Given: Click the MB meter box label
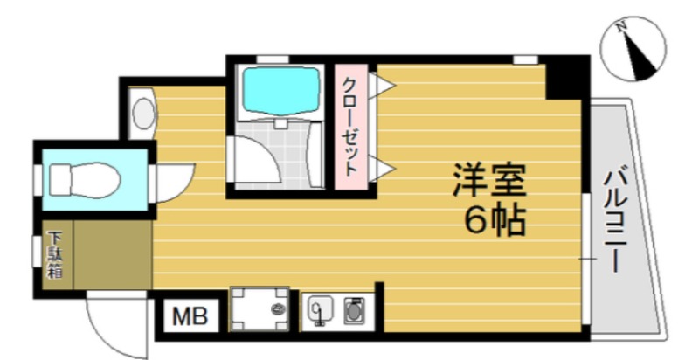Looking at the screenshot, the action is click(x=190, y=316).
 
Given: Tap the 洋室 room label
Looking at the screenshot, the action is click(x=489, y=181).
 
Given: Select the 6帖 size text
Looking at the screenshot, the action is click(x=494, y=221).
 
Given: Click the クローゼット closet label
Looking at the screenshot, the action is click(x=351, y=126).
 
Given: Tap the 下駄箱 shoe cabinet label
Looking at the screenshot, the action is click(x=55, y=255).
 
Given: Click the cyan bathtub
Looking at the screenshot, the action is click(x=280, y=85).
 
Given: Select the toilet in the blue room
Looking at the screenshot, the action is click(x=85, y=180).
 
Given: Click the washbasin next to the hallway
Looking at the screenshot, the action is click(x=142, y=114).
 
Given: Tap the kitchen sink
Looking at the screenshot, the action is click(x=320, y=308).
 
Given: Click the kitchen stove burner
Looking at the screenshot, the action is click(x=354, y=310).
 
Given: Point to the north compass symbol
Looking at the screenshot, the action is click(x=633, y=49).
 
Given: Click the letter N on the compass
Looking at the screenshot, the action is click(x=621, y=27).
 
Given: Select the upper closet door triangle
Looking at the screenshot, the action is click(x=382, y=84).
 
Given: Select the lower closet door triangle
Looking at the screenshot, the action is click(x=382, y=169).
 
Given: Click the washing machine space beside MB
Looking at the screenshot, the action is click(x=259, y=309).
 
